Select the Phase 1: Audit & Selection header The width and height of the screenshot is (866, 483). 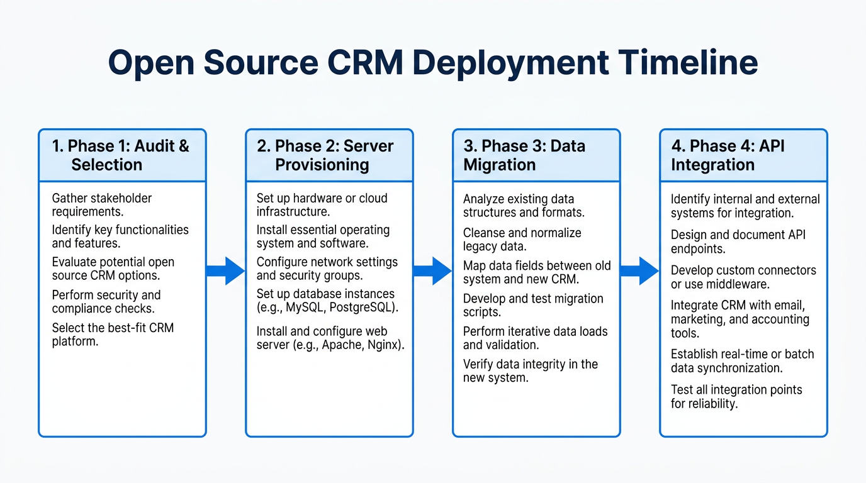121,155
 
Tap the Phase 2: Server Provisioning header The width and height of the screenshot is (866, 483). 329,155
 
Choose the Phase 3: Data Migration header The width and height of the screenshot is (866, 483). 536,155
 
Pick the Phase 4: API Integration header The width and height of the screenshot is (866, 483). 743,155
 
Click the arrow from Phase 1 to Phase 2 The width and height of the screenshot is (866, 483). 225,271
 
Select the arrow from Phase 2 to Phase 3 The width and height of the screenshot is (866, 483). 432,271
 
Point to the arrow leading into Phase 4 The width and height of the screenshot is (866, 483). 639,271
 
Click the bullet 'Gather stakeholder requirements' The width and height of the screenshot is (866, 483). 101,205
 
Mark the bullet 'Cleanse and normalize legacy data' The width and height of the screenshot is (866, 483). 522,240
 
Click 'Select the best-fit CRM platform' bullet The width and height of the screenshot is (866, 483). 113,335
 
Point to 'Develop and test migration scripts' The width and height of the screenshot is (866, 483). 533,305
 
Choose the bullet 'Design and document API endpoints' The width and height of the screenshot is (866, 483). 738,241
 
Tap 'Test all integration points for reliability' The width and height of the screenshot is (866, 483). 736,396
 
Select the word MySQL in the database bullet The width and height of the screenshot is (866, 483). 303,308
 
